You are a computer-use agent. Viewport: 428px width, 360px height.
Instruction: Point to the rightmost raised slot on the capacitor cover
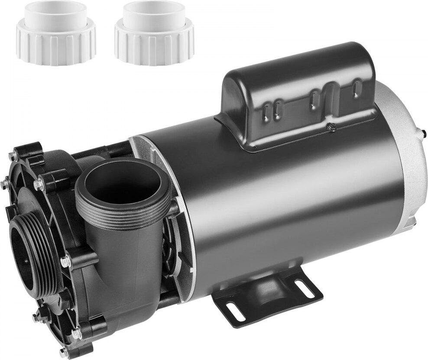tap(356, 87)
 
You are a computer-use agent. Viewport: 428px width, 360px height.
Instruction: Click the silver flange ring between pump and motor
tap(173, 208)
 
